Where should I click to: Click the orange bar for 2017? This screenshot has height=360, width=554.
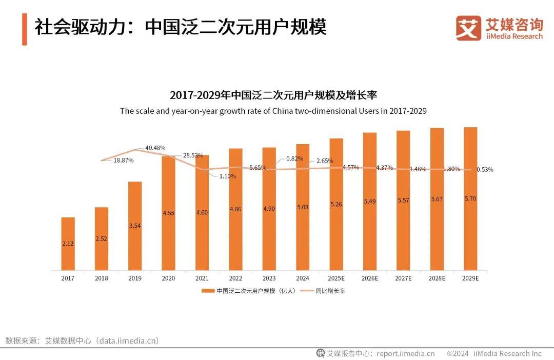click(68, 244)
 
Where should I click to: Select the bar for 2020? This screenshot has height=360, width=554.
click(168, 213)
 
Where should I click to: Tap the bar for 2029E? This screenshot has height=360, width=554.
click(470, 198)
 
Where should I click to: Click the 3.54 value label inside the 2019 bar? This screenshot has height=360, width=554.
click(135, 226)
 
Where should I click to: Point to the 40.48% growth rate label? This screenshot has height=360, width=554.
click(155, 148)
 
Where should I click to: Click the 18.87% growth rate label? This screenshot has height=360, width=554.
click(124, 160)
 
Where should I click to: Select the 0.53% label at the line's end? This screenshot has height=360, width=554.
click(485, 170)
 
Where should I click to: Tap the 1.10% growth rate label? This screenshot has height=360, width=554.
click(227, 176)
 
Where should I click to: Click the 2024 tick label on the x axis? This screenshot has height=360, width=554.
click(303, 278)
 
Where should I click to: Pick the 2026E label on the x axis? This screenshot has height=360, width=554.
click(370, 278)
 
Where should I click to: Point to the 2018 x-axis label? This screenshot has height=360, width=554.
click(102, 278)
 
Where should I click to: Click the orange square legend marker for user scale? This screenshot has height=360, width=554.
click(208, 291)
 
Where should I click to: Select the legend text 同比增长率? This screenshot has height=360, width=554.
click(330, 291)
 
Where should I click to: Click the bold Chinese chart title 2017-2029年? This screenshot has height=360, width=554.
click(273, 95)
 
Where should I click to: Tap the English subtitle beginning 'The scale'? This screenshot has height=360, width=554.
click(273, 111)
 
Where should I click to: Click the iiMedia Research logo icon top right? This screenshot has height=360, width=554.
click(468, 28)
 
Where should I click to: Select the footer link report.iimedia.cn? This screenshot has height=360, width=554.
click(405, 353)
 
